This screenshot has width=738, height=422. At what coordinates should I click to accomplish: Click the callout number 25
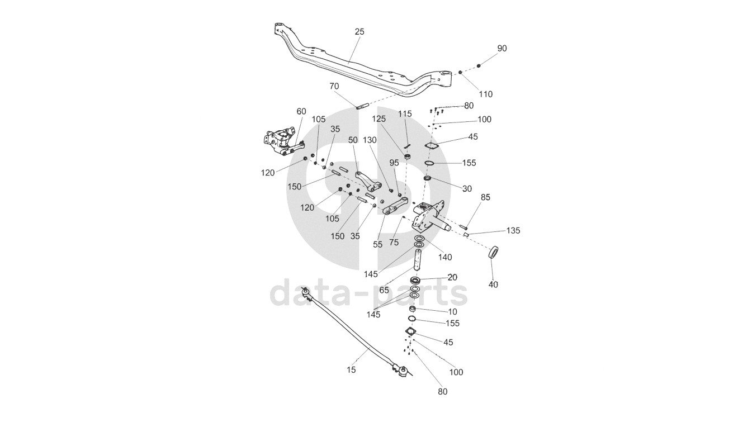[359, 32]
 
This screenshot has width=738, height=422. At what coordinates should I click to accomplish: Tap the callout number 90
[502, 49]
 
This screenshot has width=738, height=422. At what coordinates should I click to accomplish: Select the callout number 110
[486, 94]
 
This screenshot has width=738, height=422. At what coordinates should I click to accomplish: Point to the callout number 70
[334, 87]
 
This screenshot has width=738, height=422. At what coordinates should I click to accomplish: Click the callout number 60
[301, 111]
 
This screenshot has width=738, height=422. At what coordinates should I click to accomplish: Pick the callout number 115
[405, 114]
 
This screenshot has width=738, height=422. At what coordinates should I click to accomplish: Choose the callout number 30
[467, 188]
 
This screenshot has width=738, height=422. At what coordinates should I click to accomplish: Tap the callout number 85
[485, 197]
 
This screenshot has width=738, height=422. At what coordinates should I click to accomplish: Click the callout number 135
[513, 230]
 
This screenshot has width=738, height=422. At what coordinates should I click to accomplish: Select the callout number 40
[493, 285]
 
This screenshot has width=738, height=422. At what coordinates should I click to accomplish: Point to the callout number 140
[446, 257]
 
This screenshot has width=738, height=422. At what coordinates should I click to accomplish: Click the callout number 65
[384, 290]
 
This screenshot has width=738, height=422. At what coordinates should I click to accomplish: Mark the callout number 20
[452, 277]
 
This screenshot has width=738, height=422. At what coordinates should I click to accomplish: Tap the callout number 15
[351, 369]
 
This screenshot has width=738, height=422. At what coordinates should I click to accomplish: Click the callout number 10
[452, 311]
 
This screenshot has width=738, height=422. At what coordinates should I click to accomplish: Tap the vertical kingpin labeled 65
[418, 259]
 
